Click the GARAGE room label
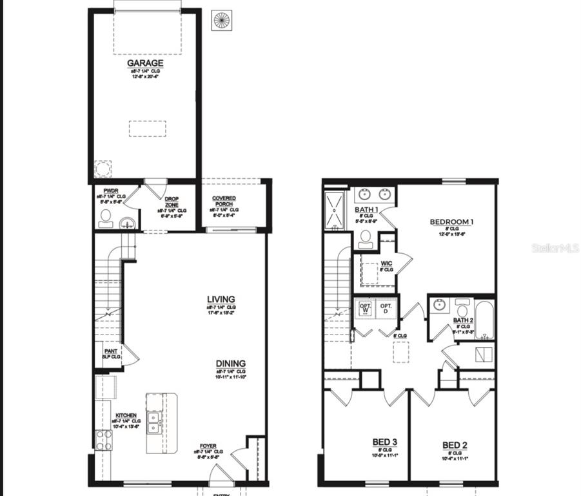coord(144,63)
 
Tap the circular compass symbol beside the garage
coord(222,20)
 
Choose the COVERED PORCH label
coord(224,201)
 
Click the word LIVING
coord(221,300)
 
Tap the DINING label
coord(230,364)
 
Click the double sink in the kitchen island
coord(154,421)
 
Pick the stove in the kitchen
coord(104,439)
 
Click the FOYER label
coord(208,445)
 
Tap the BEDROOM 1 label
coord(451,222)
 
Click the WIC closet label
coord(386,263)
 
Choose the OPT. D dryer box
coord(386,308)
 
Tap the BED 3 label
coord(384,442)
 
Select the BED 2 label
coord(455,445)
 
